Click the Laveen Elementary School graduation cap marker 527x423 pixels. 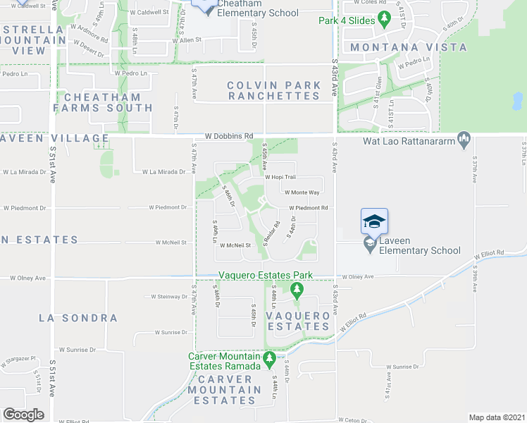click(x=374, y=221)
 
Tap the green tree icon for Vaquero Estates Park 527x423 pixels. click(x=297, y=289)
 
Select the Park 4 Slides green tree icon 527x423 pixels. click(x=384, y=18)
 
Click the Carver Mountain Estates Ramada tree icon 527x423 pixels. click(x=269, y=362)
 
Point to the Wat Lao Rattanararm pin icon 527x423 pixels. click(x=464, y=139)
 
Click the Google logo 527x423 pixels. click(x=24, y=415)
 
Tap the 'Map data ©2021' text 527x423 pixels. click(x=497, y=417)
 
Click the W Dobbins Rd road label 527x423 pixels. click(x=228, y=135)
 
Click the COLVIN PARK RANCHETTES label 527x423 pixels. click(x=264, y=90)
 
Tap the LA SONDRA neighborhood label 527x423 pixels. click(x=78, y=318)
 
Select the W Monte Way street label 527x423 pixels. click(x=302, y=192)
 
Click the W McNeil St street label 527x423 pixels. click(x=235, y=245)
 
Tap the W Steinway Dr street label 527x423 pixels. click(x=163, y=297)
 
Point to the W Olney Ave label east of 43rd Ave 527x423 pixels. click(x=358, y=278)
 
